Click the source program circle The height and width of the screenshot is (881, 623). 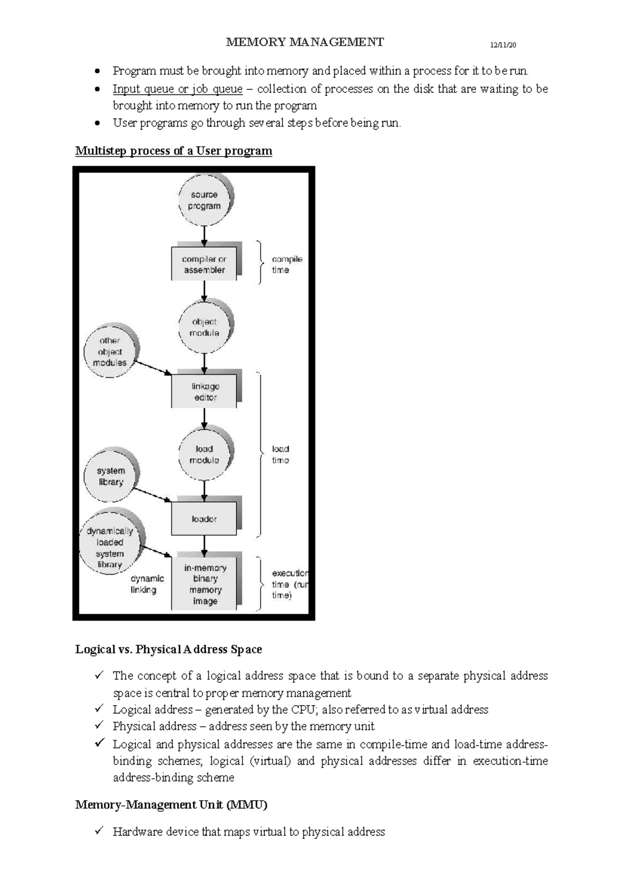(x=204, y=200)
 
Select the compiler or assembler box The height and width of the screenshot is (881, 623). (x=204, y=264)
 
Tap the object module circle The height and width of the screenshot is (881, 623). (x=204, y=327)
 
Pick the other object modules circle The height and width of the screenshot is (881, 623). (x=110, y=351)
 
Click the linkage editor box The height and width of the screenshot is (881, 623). (x=204, y=392)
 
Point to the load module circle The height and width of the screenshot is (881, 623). (x=204, y=454)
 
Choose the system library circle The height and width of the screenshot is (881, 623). (x=110, y=476)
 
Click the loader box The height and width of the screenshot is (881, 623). (x=204, y=519)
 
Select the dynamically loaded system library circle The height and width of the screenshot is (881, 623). (x=110, y=547)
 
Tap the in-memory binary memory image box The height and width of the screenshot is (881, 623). (x=205, y=584)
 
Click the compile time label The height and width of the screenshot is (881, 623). (x=287, y=264)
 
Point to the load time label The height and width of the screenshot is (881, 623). (x=280, y=454)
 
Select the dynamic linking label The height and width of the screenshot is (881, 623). (x=147, y=584)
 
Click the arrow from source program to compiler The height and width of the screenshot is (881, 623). (x=204, y=237)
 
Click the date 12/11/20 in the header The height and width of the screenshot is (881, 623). (x=503, y=45)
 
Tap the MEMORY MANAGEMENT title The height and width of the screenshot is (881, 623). (x=305, y=42)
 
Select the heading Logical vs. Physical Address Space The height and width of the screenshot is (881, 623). (x=168, y=649)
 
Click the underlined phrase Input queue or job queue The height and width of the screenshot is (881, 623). (x=178, y=89)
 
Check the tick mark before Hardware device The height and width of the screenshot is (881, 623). (x=99, y=831)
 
